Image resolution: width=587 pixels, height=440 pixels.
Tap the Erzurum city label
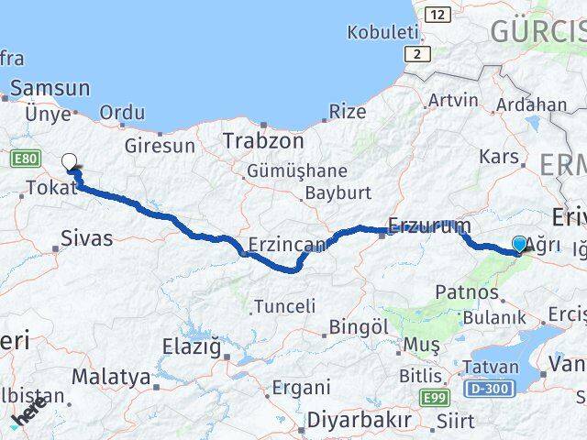click(429, 225)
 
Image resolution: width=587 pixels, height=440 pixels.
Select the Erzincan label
click(287, 245)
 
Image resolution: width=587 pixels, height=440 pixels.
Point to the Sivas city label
click(86, 238)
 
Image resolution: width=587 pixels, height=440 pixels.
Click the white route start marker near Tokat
click(70, 163)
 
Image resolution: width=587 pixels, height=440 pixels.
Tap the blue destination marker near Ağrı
click(520, 244)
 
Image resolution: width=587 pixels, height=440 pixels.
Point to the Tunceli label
click(284, 306)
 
